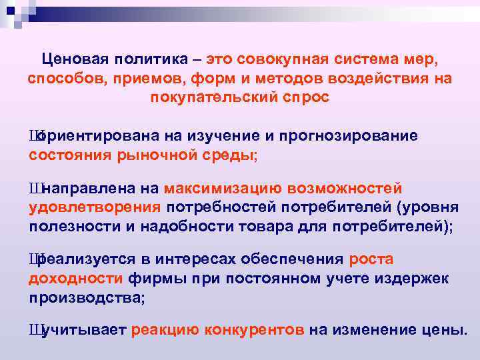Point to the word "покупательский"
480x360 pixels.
(x=213, y=97)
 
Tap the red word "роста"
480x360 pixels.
(x=371, y=259)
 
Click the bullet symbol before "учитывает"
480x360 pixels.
(x=35, y=329)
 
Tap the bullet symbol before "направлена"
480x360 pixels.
(x=35, y=188)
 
